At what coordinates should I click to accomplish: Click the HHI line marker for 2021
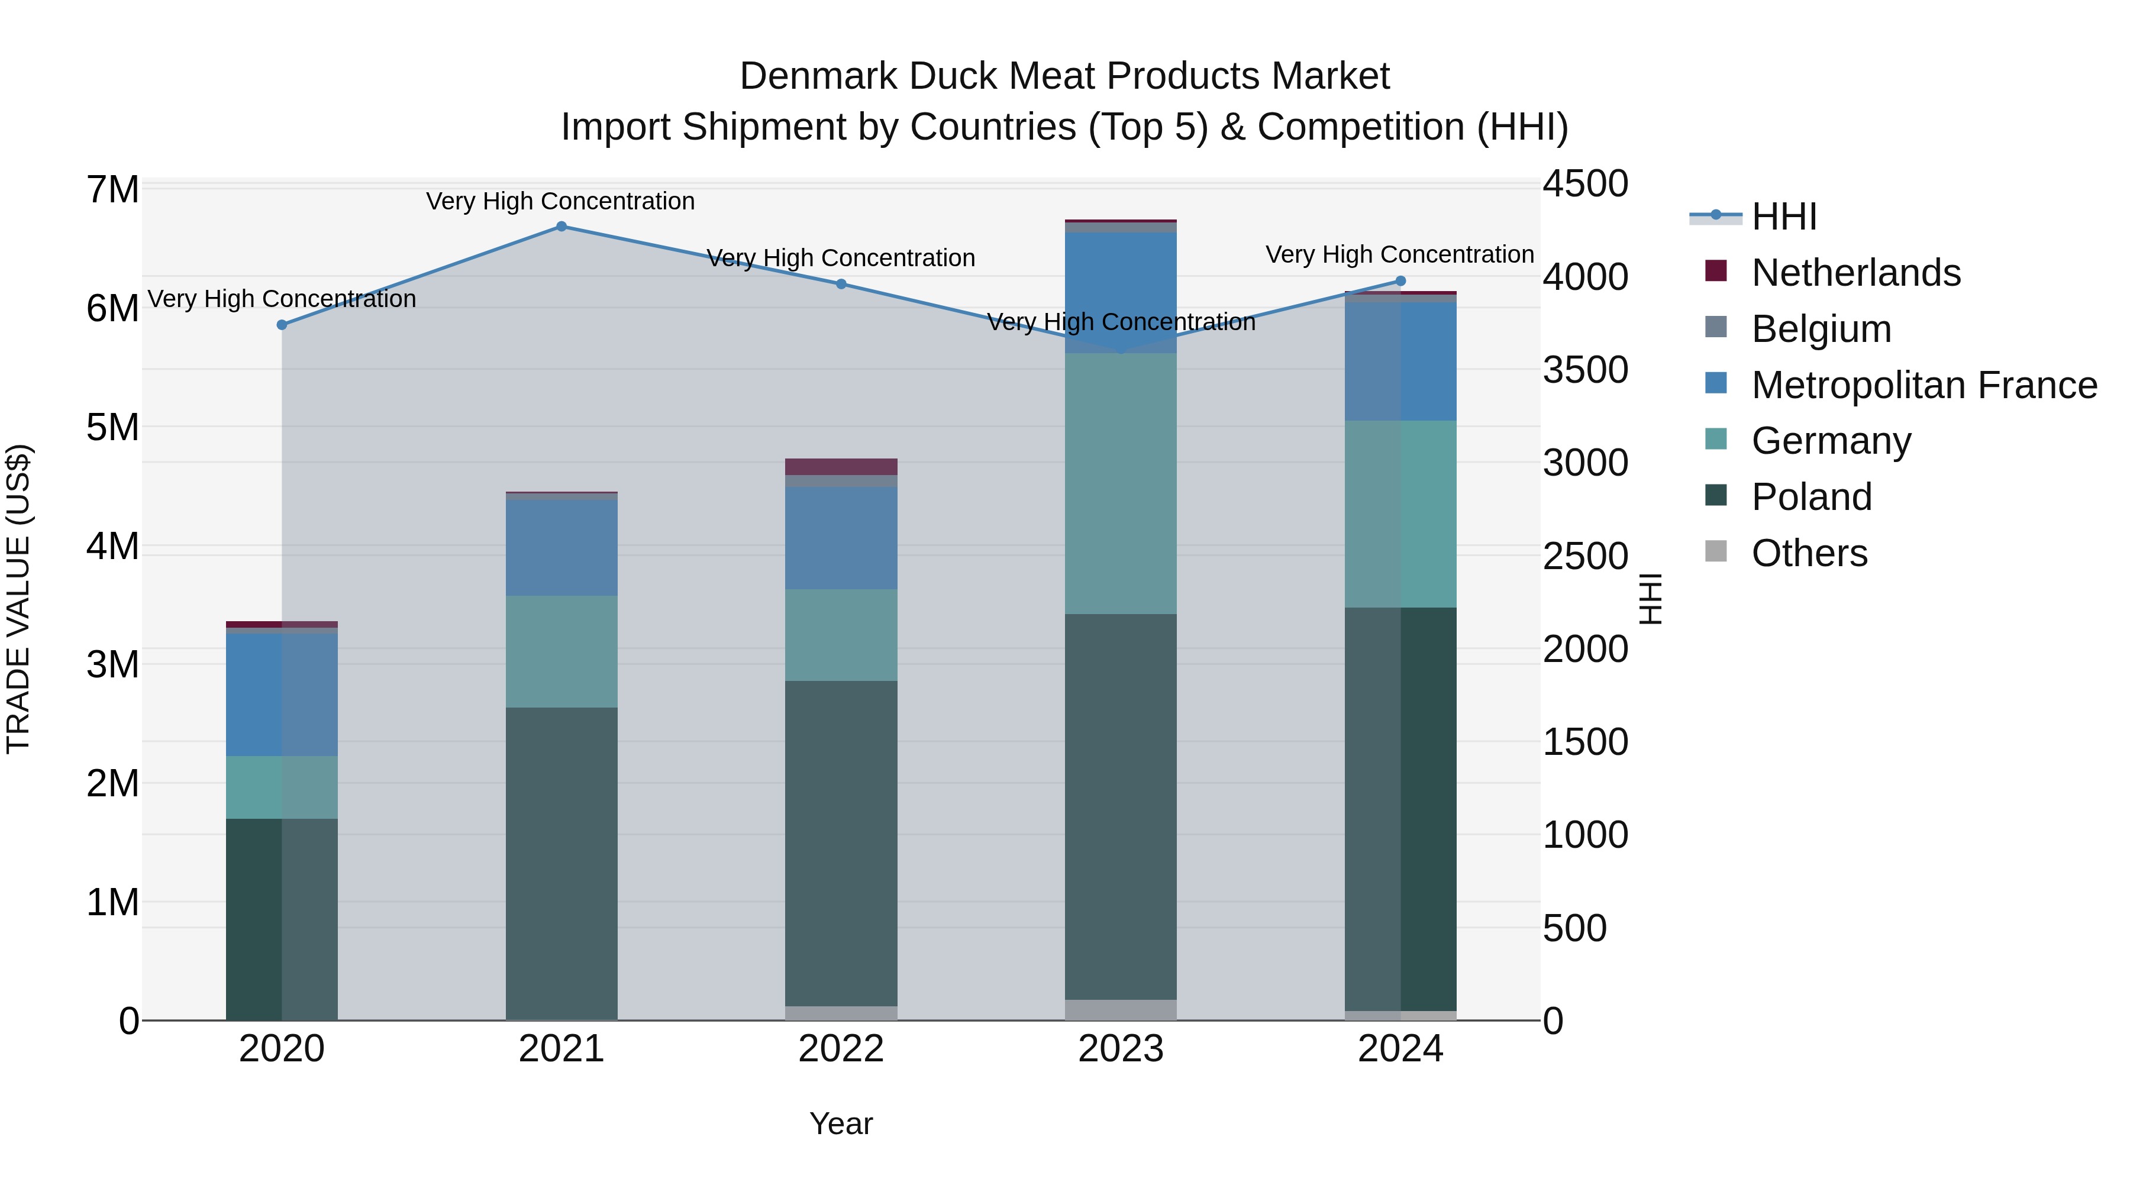tap(561, 227)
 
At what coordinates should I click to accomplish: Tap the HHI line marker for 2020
tap(282, 325)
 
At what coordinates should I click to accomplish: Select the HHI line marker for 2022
tap(841, 283)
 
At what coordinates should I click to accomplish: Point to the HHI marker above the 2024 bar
tap(1400, 281)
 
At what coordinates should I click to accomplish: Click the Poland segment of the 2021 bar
tap(561, 863)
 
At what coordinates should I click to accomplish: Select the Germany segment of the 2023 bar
tap(1121, 484)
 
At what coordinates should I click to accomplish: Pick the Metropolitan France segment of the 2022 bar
tap(841, 537)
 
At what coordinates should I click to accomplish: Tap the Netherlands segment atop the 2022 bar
tap(841, 466)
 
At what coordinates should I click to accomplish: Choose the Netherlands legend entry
tap(1855, 273)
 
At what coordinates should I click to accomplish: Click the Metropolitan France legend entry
tap(1924, 385)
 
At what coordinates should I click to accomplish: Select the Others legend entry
tap(1809, 553)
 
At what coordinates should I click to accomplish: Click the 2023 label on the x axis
tap(1121, 1049)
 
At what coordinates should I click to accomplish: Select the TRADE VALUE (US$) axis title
tap(19, 599)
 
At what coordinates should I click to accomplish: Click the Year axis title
tap(841, 1123)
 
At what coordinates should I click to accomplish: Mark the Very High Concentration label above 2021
tap(561, 201)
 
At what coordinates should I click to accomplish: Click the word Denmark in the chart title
tap(818, 76)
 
